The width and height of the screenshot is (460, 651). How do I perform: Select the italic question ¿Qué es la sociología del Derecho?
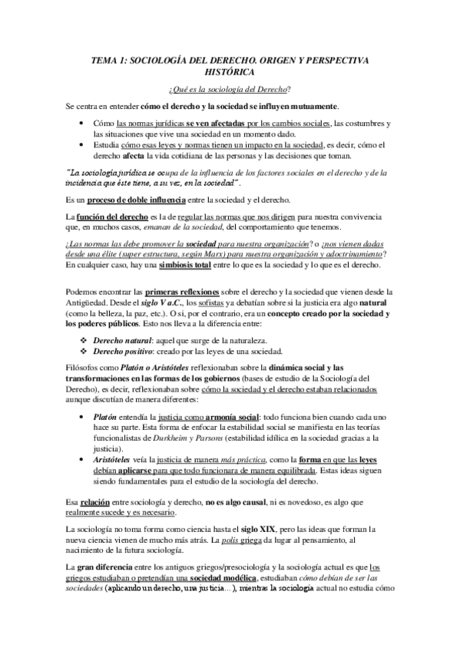pyautogui.click(x=230, y=89)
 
